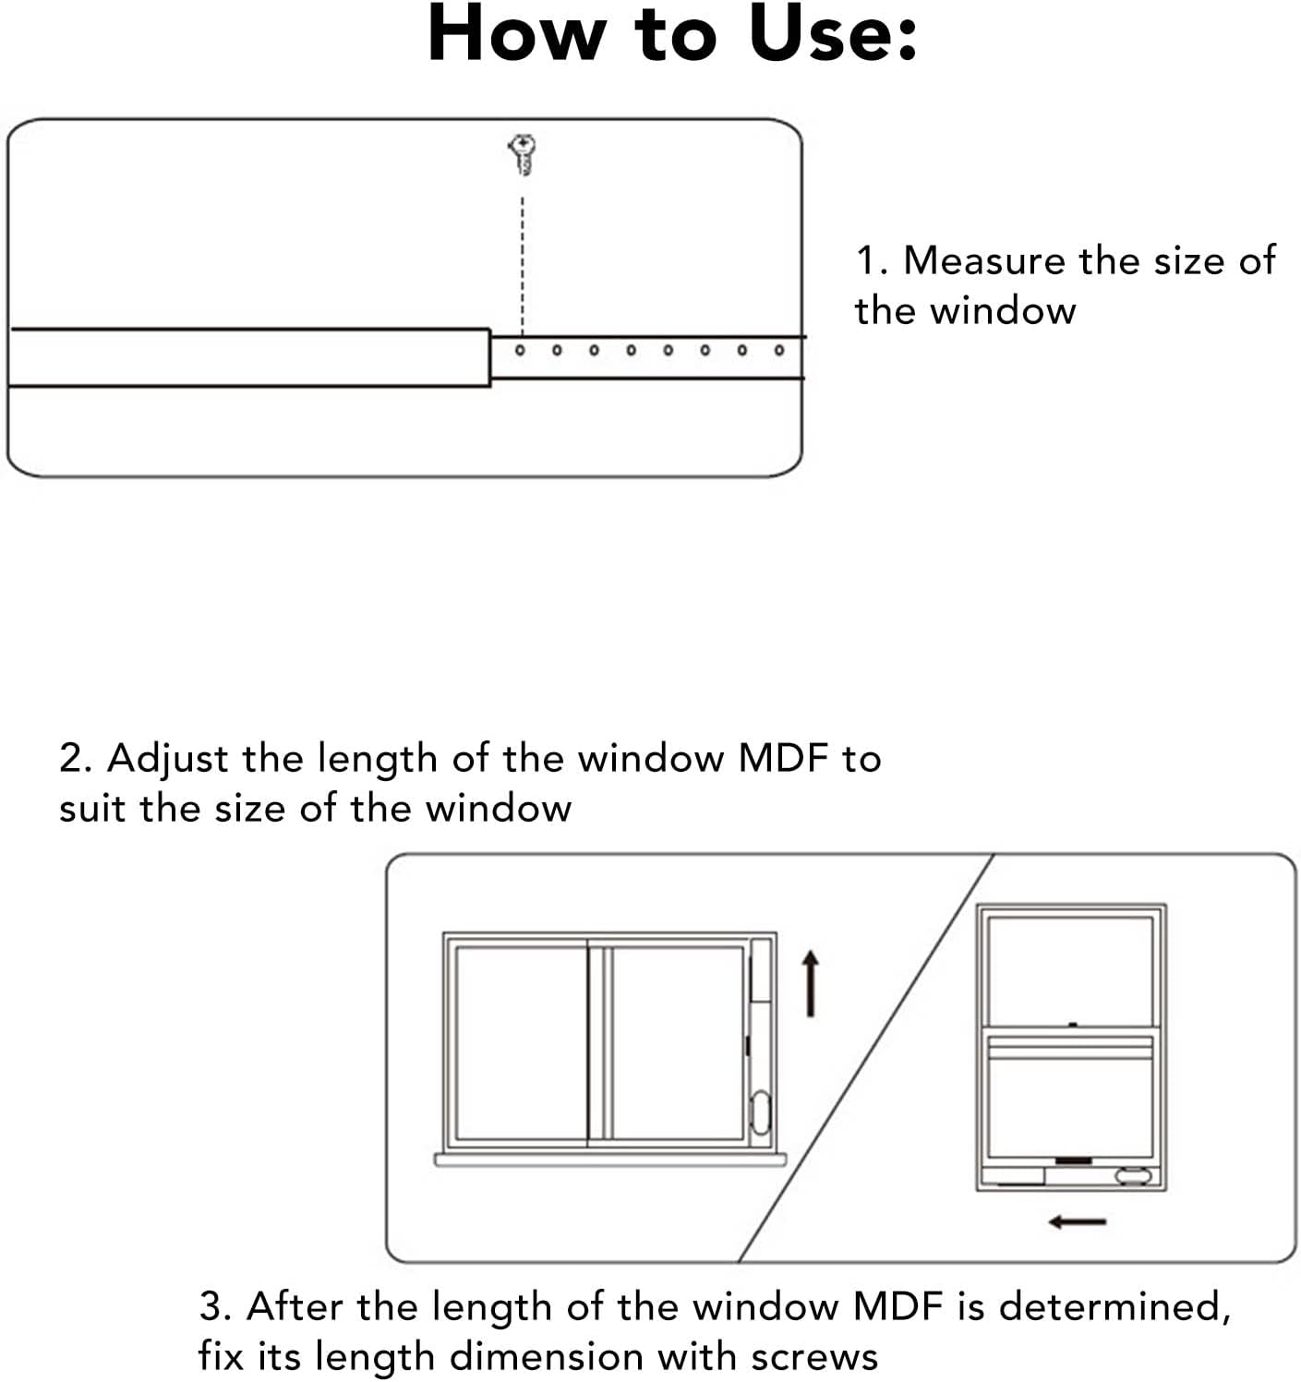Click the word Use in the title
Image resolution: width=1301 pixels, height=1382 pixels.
[832, 35]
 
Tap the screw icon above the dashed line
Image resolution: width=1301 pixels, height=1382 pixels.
[523, 153]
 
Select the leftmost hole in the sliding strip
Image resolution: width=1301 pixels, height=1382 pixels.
[520, 351]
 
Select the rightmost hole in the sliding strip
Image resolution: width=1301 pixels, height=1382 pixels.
[779, 351]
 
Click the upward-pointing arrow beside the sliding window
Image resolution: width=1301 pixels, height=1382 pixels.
[810, 984]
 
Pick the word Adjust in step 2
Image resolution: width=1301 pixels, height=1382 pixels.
[167, 760]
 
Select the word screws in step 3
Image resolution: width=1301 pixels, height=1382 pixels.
[813, 1357]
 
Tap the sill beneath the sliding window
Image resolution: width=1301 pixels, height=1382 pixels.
[609, 1160]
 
